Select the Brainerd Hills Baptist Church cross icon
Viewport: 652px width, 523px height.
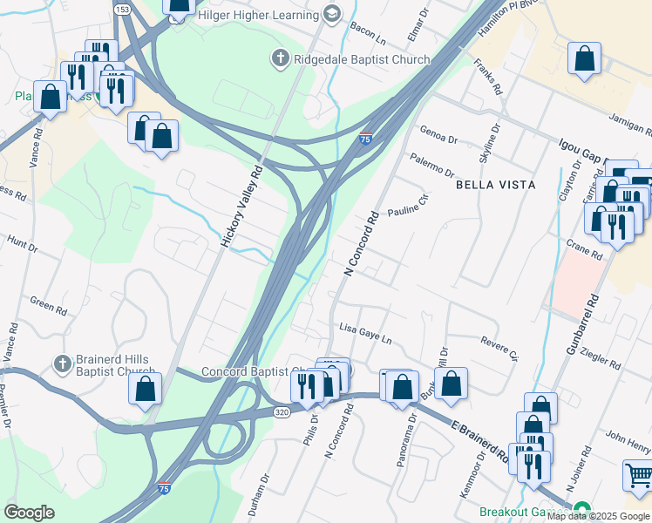(62, 363)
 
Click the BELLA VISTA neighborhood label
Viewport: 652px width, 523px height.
(494, 185)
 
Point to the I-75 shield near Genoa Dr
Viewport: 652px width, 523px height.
(366, 138)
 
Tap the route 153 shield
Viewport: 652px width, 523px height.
(122, 9)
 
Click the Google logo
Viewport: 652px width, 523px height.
(29, 513)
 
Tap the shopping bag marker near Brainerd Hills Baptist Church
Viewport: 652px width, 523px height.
(146, 390)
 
